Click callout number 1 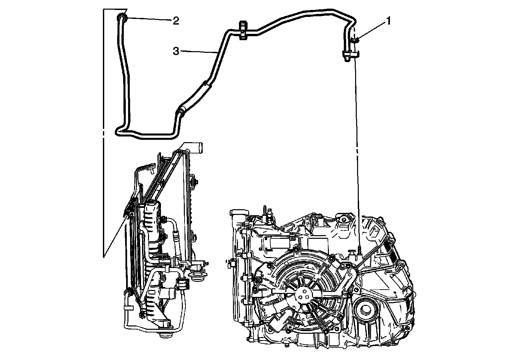[388, 21]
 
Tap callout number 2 [176, 21]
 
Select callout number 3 [176, 51]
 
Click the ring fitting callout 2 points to [121, 18]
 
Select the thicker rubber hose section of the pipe [194, 97]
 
